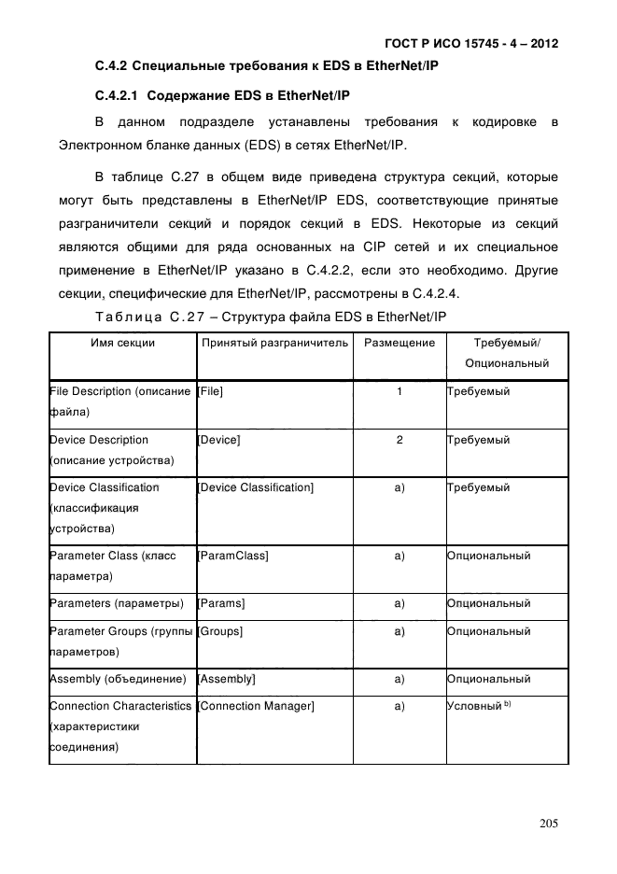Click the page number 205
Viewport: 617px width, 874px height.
click(x=548, y=824)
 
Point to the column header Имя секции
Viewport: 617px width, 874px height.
click(x=122, y=343)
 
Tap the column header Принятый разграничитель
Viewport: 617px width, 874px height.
click(x=275, y=343)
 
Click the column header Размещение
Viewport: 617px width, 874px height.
click(x=400, y=343)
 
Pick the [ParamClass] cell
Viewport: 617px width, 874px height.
click(x=233, y=556)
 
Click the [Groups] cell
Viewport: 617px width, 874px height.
click(x=220, y=632)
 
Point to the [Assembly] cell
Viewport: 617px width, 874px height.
click(x=228, y=679)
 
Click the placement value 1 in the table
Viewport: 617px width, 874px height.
click(x=400, y=391)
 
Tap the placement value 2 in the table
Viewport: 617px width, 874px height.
click(x=400, y=440)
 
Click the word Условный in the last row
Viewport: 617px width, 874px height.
click(x=474, y=707)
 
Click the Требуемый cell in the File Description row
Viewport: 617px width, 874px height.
click(x=479, y=391)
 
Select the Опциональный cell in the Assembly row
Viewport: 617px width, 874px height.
click(x=489, y=679)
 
